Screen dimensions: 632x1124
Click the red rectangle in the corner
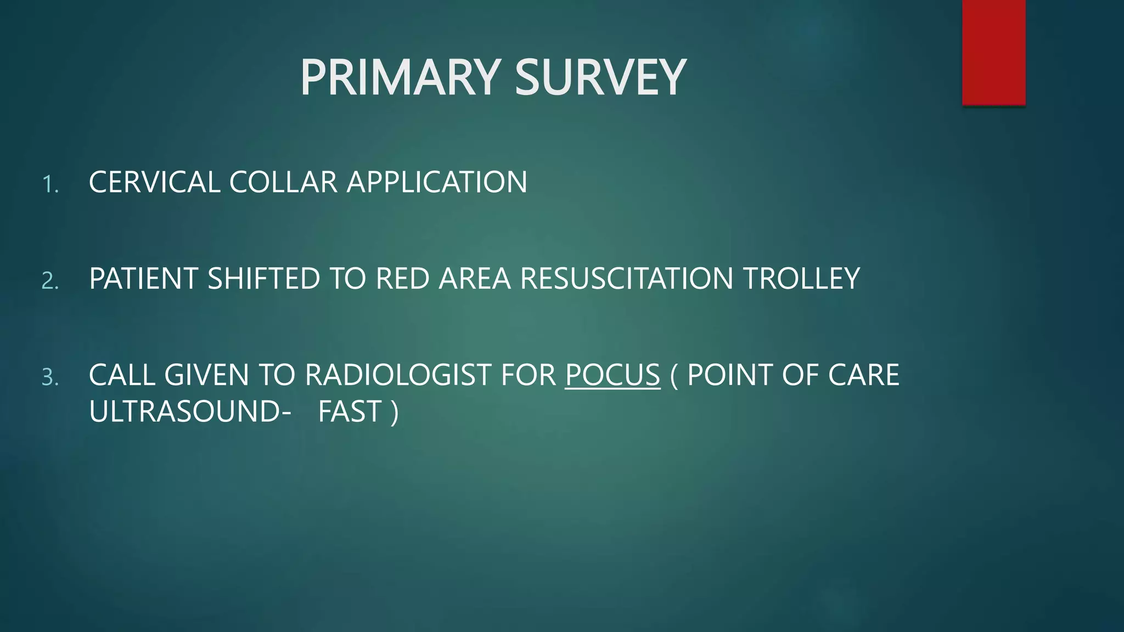click(x=993, y=52)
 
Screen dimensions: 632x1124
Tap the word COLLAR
click(x=283, y=182)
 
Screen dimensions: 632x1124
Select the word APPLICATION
click(x=437, y=182)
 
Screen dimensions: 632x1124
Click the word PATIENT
click(x=143, y=279)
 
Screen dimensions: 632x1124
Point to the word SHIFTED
click(x=263, y=279)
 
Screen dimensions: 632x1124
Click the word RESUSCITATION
click(x=626, y=279)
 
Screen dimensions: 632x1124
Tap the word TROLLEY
click(x=801, y=279)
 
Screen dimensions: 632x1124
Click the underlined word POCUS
click(x=612, y=375)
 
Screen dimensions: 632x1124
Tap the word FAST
click(x=350, y=411)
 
